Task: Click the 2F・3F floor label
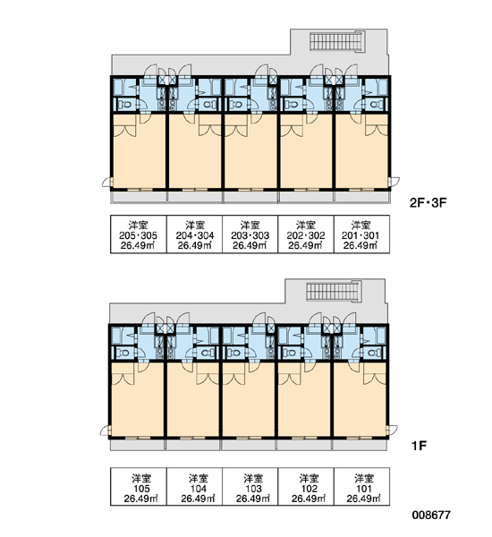point(428,203)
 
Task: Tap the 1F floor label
point(419,446)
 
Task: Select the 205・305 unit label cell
point(139,234)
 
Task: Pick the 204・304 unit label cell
point(194,234)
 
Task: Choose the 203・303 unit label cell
point(250,234)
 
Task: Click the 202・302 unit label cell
point(306,234)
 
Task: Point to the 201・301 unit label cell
point(361,234)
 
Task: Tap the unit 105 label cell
point(139,487)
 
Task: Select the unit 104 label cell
point(194,487)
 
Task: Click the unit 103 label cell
point(250,487)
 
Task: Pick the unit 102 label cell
point(306,487)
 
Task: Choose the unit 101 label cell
point(361,487)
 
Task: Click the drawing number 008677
point(431,515)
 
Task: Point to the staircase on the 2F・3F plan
point(337,42)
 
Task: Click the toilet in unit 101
point(374,353)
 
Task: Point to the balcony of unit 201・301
point(362,197)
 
